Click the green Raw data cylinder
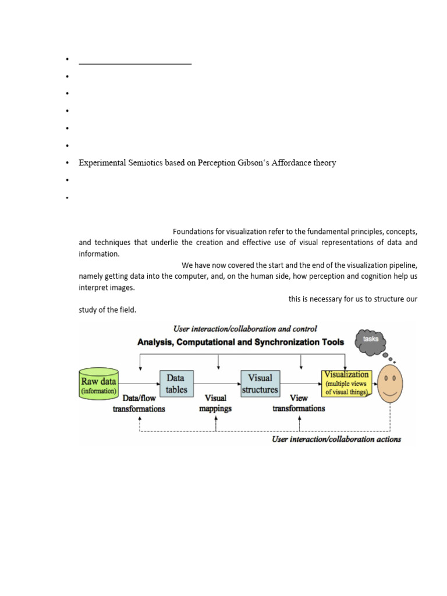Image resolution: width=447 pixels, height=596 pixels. click(x=99, y=384)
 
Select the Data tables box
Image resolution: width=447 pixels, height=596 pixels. click(x=176, y=384)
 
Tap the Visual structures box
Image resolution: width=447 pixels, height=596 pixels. click(x=260, y=384)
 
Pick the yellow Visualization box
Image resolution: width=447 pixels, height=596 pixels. click(x=346, y=384)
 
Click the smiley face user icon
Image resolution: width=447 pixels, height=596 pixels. click(x=390, y=385)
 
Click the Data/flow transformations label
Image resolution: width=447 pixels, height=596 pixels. click(x=139, y=403)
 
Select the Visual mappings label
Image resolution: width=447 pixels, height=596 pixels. click(x=215, y=403)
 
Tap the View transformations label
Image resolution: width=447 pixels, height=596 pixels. click(x=299, y=403)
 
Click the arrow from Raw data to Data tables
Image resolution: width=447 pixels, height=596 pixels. click(x=140, y=384)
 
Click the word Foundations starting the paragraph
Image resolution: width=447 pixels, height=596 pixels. click(x=193, y=232)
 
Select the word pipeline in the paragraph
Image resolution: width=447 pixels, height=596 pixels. click(x=402, y=265)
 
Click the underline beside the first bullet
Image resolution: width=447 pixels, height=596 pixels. click(x=135, y=63)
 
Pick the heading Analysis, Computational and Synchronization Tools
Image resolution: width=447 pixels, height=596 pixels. click(x=240, y=342)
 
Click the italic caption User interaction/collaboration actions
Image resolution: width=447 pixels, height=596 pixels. click(x=336, y=439)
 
